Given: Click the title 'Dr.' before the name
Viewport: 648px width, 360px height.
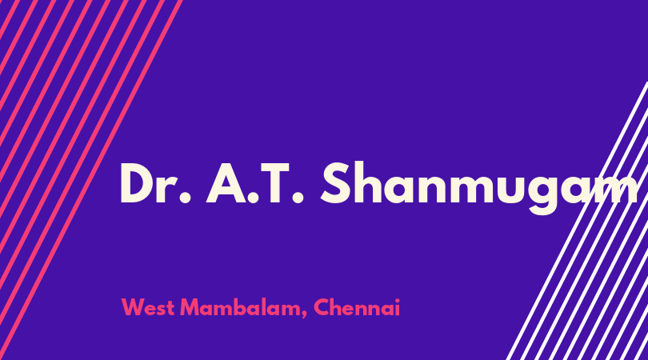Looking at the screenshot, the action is (155, 183).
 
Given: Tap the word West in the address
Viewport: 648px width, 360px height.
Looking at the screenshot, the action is (148, 307).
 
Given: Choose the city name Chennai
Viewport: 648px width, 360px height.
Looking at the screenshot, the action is (357, 307).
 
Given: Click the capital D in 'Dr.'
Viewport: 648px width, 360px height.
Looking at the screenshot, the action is (138, 183).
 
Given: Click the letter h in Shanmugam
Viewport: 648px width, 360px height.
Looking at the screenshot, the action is (370, 182).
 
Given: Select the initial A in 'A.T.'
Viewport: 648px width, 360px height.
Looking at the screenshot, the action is (226, 183).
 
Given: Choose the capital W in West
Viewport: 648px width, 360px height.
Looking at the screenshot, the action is (134, 307).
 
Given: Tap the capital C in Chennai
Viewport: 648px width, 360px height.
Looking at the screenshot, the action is (321, 307).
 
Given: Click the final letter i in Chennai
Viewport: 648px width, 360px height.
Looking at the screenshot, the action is (397, 307).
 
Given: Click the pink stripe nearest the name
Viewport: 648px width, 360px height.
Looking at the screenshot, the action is (90, 180).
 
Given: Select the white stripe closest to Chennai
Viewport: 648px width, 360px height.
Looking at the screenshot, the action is (577, 221).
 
